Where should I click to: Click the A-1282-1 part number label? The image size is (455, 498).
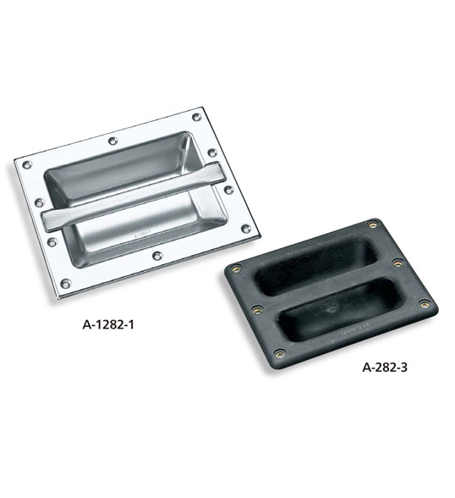point(108,324)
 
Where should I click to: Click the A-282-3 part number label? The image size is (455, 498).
point(384,368)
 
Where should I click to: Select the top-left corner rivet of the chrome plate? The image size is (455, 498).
point(27,165)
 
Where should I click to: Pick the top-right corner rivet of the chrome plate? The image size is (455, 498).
point(197,117)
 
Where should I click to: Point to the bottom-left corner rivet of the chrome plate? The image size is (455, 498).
point(66,283)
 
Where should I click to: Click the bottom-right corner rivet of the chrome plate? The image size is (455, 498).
point(246,229)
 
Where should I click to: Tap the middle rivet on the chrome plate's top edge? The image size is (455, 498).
point(112,141)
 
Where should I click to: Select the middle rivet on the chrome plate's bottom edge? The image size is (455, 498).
point(157,255)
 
